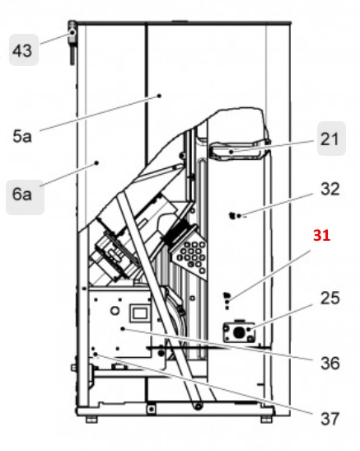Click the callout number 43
click(x=22, y=52)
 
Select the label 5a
click(x=22, y=136)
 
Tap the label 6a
click(x=22, y=196)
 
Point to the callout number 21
click(x=330, y=140)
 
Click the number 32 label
click(x=330, y=189)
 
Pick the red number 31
click(x=321, y=235)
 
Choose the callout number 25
click(x=330, y=298)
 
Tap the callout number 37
click(x=330, y=419)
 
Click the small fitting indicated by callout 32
click(x=234, y=216)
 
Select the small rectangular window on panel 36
click(x=138, y=313)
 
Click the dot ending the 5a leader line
click(x=159, y=96)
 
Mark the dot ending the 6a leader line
click(x=97, y=163)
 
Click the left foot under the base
click(x=91, y=419)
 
